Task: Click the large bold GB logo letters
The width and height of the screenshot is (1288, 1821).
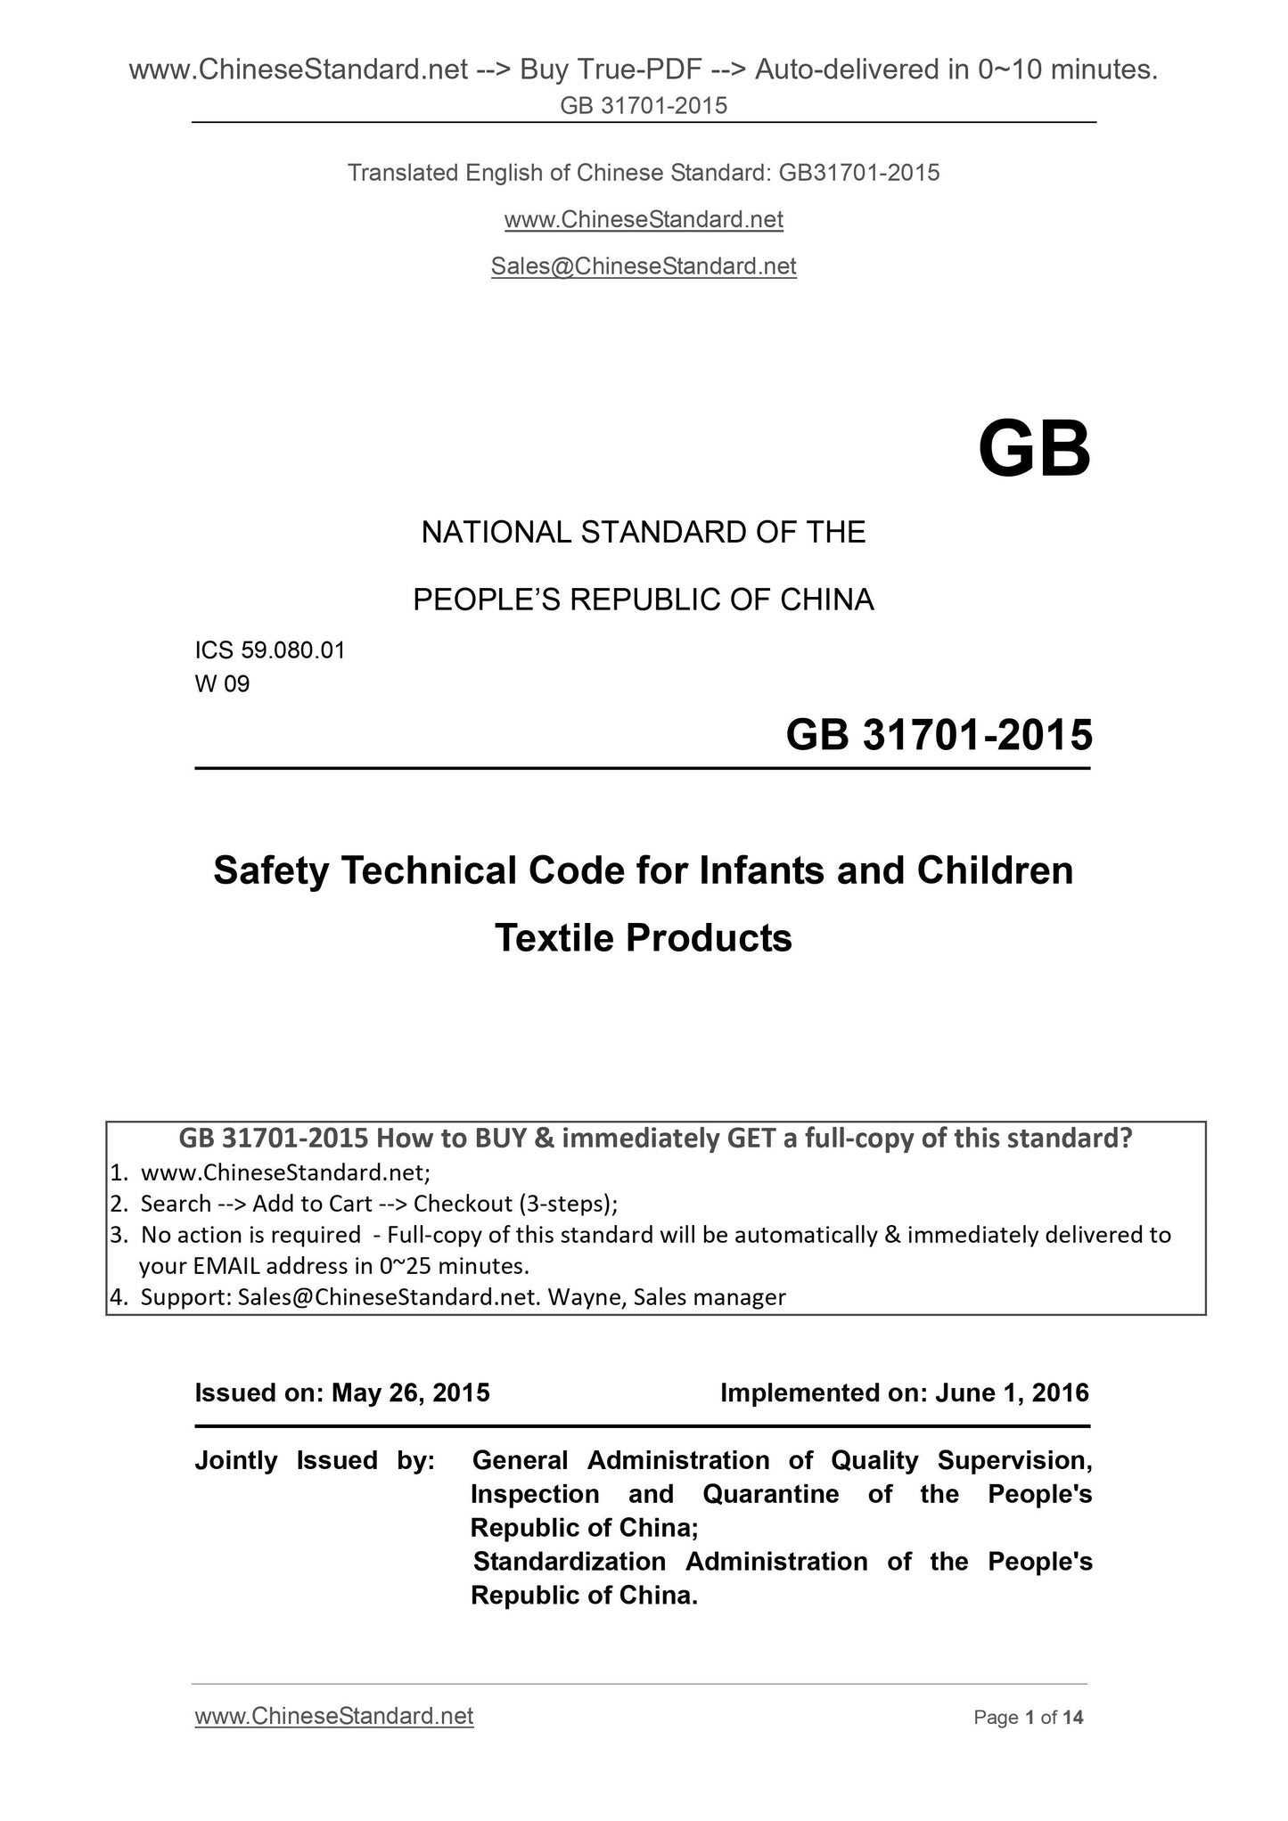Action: [x=1034, y=450]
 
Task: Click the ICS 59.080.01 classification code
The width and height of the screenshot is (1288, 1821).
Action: [x=269, y=650]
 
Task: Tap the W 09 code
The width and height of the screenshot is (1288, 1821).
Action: [x=222, y=684]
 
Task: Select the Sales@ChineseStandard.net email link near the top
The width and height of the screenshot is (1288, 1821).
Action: [x=643, y=266]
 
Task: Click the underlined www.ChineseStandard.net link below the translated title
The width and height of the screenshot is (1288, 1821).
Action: [x=643, y=219]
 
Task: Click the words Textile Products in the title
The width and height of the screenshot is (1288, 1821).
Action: [x=643, y=938]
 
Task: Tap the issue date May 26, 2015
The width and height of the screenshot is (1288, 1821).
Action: [x=410, y=1392]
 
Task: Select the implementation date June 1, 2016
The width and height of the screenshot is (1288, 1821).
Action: [x=1012, y=1392]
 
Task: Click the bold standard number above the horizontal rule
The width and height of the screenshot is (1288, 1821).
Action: [x=939, y=736]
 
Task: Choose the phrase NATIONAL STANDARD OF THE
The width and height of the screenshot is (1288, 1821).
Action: [x=643, y=533]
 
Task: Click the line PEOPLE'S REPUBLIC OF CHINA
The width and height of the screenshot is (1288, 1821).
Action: [x=643, y=600]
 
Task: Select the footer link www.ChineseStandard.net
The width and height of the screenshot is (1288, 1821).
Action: [x=333, y=1717]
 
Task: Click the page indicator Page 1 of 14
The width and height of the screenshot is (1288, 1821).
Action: [x=1029, y=1718]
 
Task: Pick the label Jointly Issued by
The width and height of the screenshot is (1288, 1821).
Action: [x=315, y=1460]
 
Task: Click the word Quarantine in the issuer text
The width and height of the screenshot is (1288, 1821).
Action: [x=770, y=1494]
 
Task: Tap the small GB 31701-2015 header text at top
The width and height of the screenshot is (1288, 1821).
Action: [x=643, y=106]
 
